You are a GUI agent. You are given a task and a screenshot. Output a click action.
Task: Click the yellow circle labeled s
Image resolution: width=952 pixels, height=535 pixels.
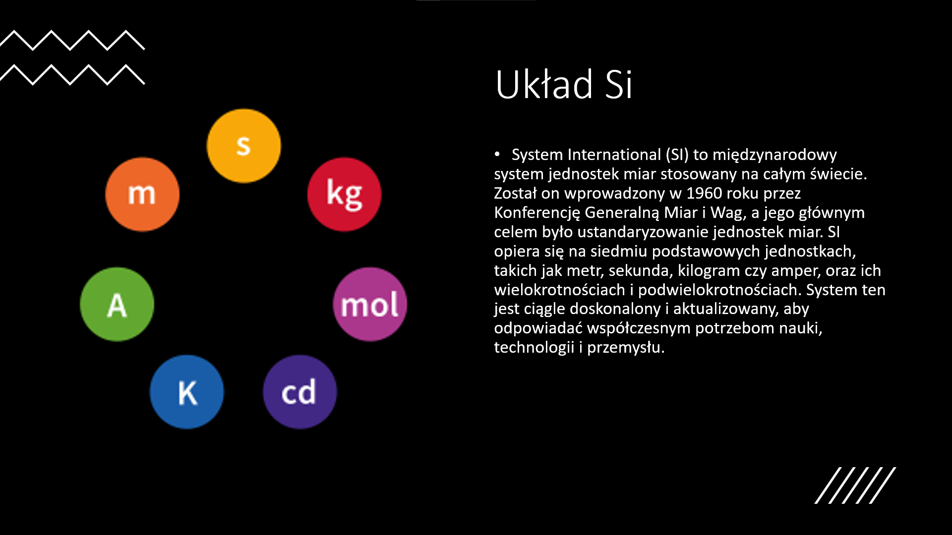point(243,146)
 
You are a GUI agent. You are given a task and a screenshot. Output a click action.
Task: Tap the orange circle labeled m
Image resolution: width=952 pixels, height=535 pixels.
point(142,194)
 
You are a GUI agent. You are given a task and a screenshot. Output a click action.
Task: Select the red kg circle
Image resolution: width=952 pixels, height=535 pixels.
point(345,194)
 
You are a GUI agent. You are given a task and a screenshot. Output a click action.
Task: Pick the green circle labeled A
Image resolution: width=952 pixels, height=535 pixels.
point(117,304)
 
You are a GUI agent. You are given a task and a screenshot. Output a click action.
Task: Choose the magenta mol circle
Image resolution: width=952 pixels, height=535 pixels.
point(370,304)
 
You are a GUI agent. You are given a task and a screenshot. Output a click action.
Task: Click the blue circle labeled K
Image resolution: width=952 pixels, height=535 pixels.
point(187,392)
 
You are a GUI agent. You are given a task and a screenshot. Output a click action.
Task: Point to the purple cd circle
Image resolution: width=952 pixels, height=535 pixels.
point(300,392)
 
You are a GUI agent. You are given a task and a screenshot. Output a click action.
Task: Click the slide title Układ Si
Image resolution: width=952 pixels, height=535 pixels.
point(564,84)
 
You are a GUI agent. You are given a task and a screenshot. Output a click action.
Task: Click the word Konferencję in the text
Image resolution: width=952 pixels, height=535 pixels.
point(537,213)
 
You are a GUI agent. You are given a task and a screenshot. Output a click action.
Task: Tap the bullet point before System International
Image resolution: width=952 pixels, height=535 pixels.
point(497,155)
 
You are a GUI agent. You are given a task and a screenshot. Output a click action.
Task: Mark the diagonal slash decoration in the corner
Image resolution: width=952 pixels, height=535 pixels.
point(855,485)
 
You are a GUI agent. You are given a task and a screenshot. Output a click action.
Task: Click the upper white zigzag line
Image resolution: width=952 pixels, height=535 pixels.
point(72,40)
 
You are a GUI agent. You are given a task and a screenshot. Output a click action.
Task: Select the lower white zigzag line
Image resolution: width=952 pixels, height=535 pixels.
point(72,75)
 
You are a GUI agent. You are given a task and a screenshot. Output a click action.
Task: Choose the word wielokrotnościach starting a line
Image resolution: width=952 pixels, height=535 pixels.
point(559,290)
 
